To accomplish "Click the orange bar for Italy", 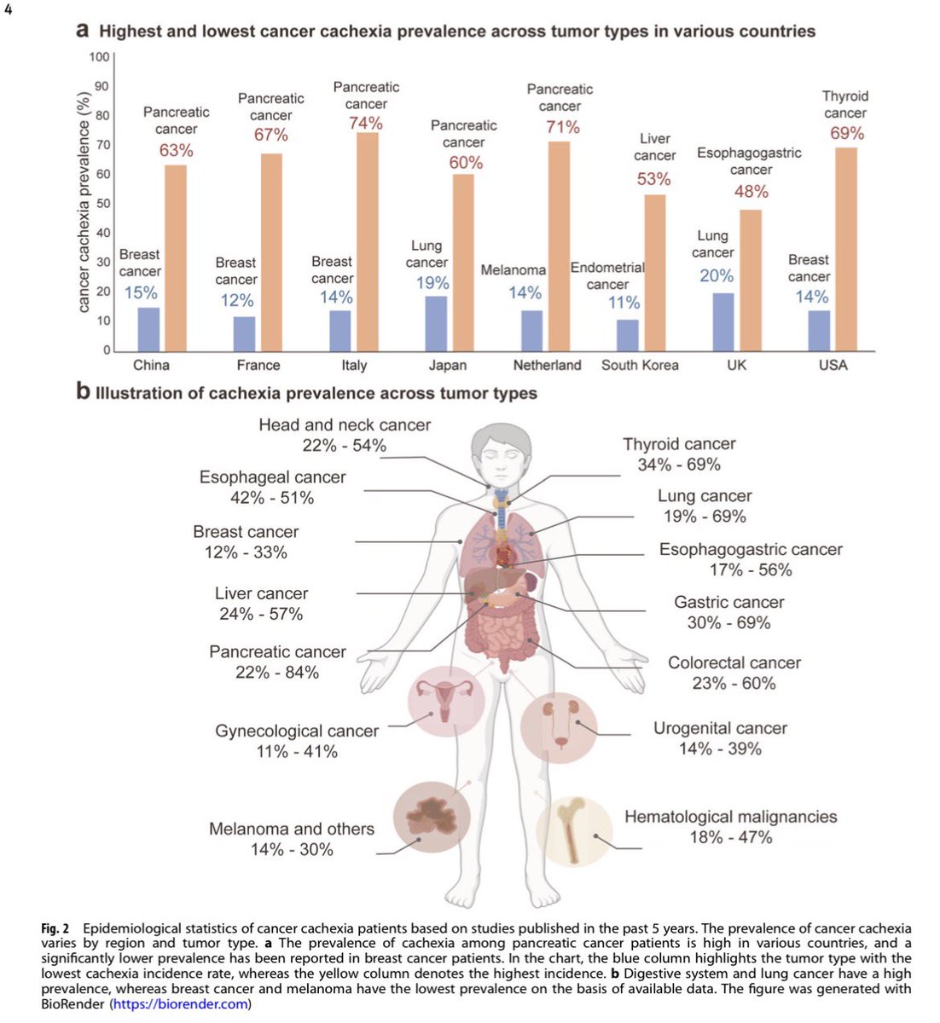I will [368, 242].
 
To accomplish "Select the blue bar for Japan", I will [436, 323].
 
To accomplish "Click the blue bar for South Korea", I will [627, 335].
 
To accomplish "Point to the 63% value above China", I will [177, 151].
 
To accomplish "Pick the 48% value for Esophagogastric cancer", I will [751, 192].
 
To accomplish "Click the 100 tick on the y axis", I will [99, 57].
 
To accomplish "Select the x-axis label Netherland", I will [547, 366].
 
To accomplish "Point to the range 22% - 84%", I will [277, 673].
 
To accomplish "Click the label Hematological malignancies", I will [730, 817].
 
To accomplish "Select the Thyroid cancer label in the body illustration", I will [679, 444].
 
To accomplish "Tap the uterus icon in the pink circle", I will [445, 701].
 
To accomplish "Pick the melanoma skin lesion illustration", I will [432, 815].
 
